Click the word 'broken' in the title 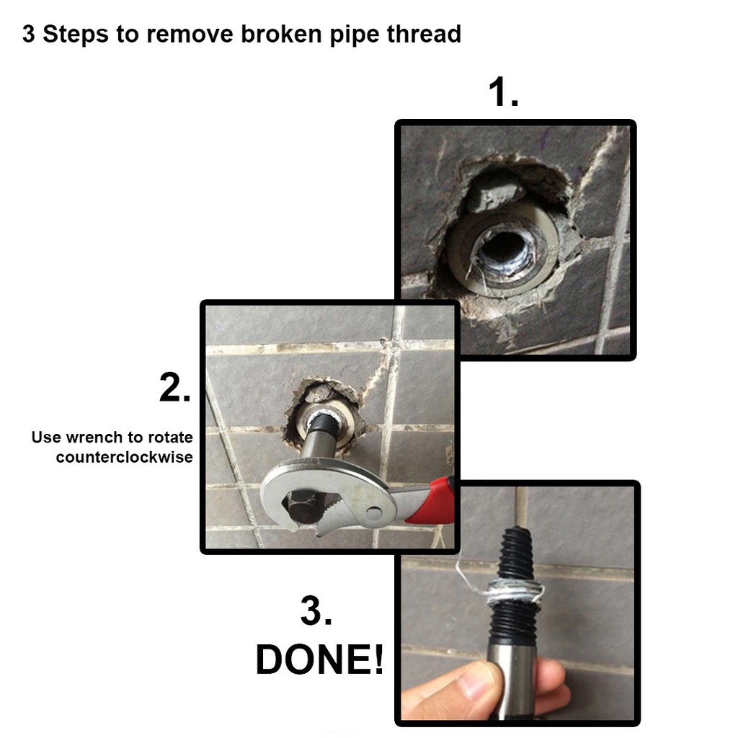pyautogui.click(x=281, y=34)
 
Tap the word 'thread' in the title pyautogui.click(x=424, y=34)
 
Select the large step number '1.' pyautogui.click(x=503, y=92)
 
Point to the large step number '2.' pyautogui.click(x=175, y=387)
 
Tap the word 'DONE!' pyautogui.click(x=319, y=660)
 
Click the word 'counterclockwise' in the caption pyautogui.click(x=124, y=457)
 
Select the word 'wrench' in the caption pyautogui.click(x=97, y=437)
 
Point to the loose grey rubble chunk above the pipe pyautogui.click(x=494, y=192)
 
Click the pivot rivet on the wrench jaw pyautogui.click(x=373, y=512)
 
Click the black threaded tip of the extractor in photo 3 pyautogui.click(x=517, y=553)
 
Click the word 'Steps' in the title pyautogui.click(x=76, y=34)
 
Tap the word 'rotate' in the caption pyautogui.click(x=170, y=437)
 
